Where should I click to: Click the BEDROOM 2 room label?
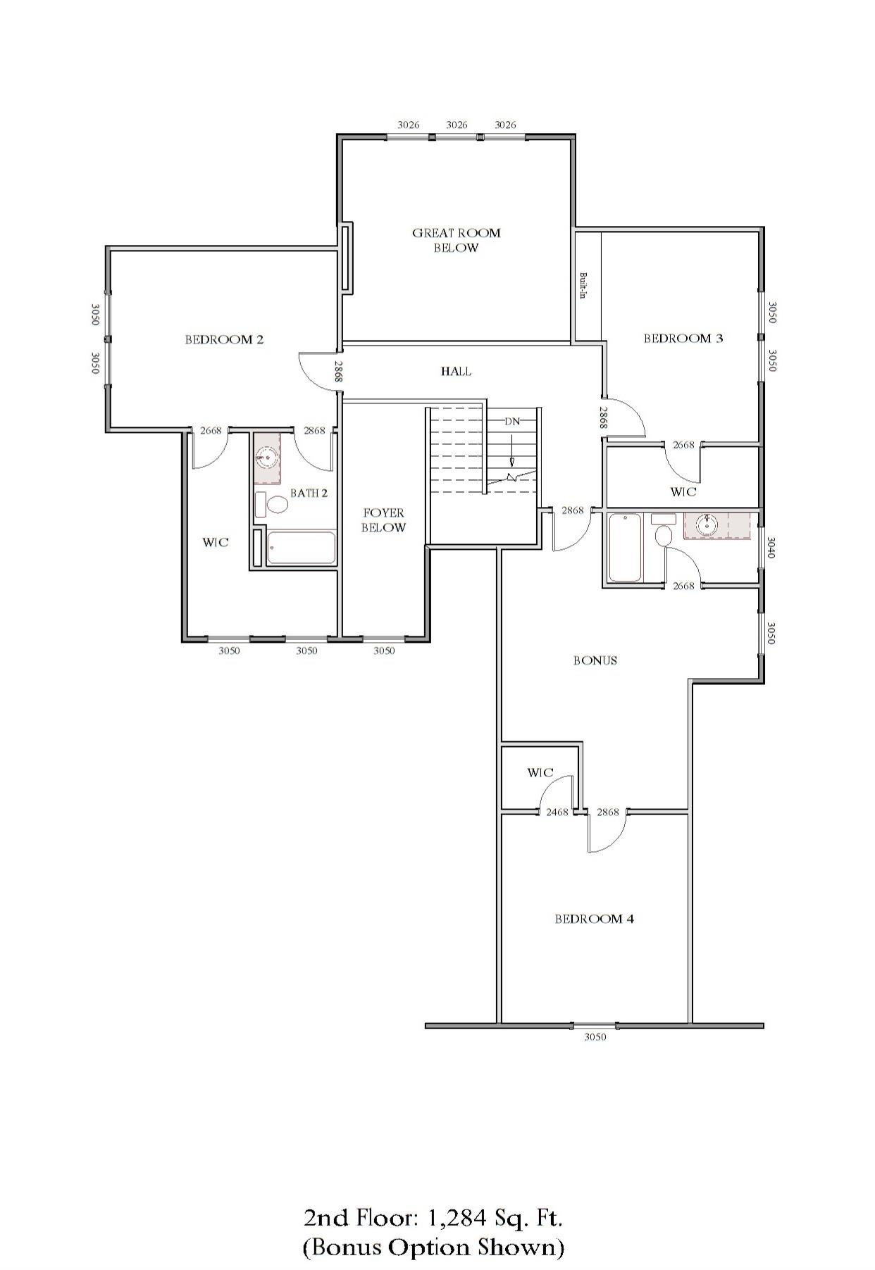pos(224,339)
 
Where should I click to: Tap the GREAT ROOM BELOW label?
pos(456,240)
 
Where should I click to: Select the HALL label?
pos(456,371)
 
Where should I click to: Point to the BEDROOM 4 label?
pos(594,919)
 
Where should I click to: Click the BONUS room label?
pos(595,660)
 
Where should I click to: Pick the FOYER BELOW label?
pos(383,520)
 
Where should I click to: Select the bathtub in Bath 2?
pos(301,548)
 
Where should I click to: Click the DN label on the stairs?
pos(512,421)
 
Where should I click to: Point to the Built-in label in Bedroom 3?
pos(583,286)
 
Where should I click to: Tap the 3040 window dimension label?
pos(771,548)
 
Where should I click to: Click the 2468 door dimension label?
pos(557,812)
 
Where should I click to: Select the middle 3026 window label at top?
pos(457,125)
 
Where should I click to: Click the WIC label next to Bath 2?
pos(216,542)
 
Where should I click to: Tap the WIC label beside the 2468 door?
pos(540,772)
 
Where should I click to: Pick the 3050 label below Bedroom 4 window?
pos(595,1036)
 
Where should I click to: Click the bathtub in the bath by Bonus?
pos(625,548)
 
